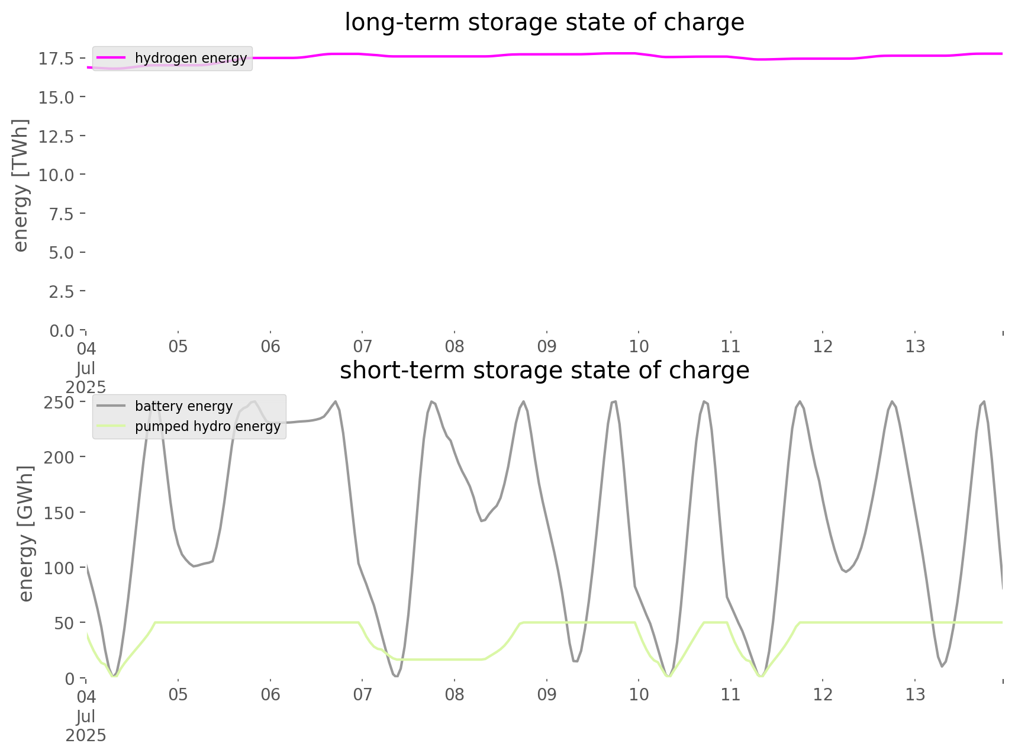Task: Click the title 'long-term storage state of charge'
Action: (544, 22)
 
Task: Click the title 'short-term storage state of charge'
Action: (544, 371)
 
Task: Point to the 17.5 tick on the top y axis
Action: (56, 59)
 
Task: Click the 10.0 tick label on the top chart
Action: (56, 175)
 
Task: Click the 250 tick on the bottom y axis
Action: (59, 403)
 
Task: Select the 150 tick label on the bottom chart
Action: (59, 513)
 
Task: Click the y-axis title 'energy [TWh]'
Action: (20, 185)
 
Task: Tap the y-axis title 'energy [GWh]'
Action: (26, 533)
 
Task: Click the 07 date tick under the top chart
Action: (362, 347)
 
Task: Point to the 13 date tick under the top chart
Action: (915, 347)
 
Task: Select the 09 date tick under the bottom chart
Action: (547, 695)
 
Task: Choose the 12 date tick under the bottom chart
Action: (823, 695)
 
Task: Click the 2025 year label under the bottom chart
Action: (86, 736)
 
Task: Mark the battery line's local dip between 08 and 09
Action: (482, 521)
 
